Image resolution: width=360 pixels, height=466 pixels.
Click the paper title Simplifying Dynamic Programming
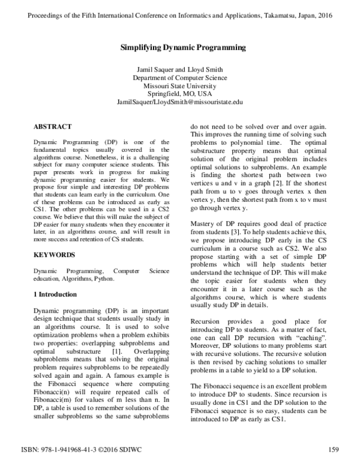pyautogui.click(x=179, y=47)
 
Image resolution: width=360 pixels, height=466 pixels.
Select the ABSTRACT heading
pyautogui.click(x=52, y=127)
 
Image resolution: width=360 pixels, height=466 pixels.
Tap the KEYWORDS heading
pyautogui.click(x=54, y=255)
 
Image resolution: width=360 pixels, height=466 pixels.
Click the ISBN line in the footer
pyautogui.click(x=87, y=449)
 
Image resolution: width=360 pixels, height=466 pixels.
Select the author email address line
pyautogui.click(x=179, y=103)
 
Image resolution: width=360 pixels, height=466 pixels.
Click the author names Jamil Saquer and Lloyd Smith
pyautogui.click(x=179, y=70)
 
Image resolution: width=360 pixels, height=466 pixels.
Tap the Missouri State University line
pyautogui.click(x=179, y=86)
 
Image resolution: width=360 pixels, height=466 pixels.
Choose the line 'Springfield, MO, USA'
pyautogui.click(x=179, y=94)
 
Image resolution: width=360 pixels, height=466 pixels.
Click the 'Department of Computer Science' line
pyautogui.click(x=179, y=78)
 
